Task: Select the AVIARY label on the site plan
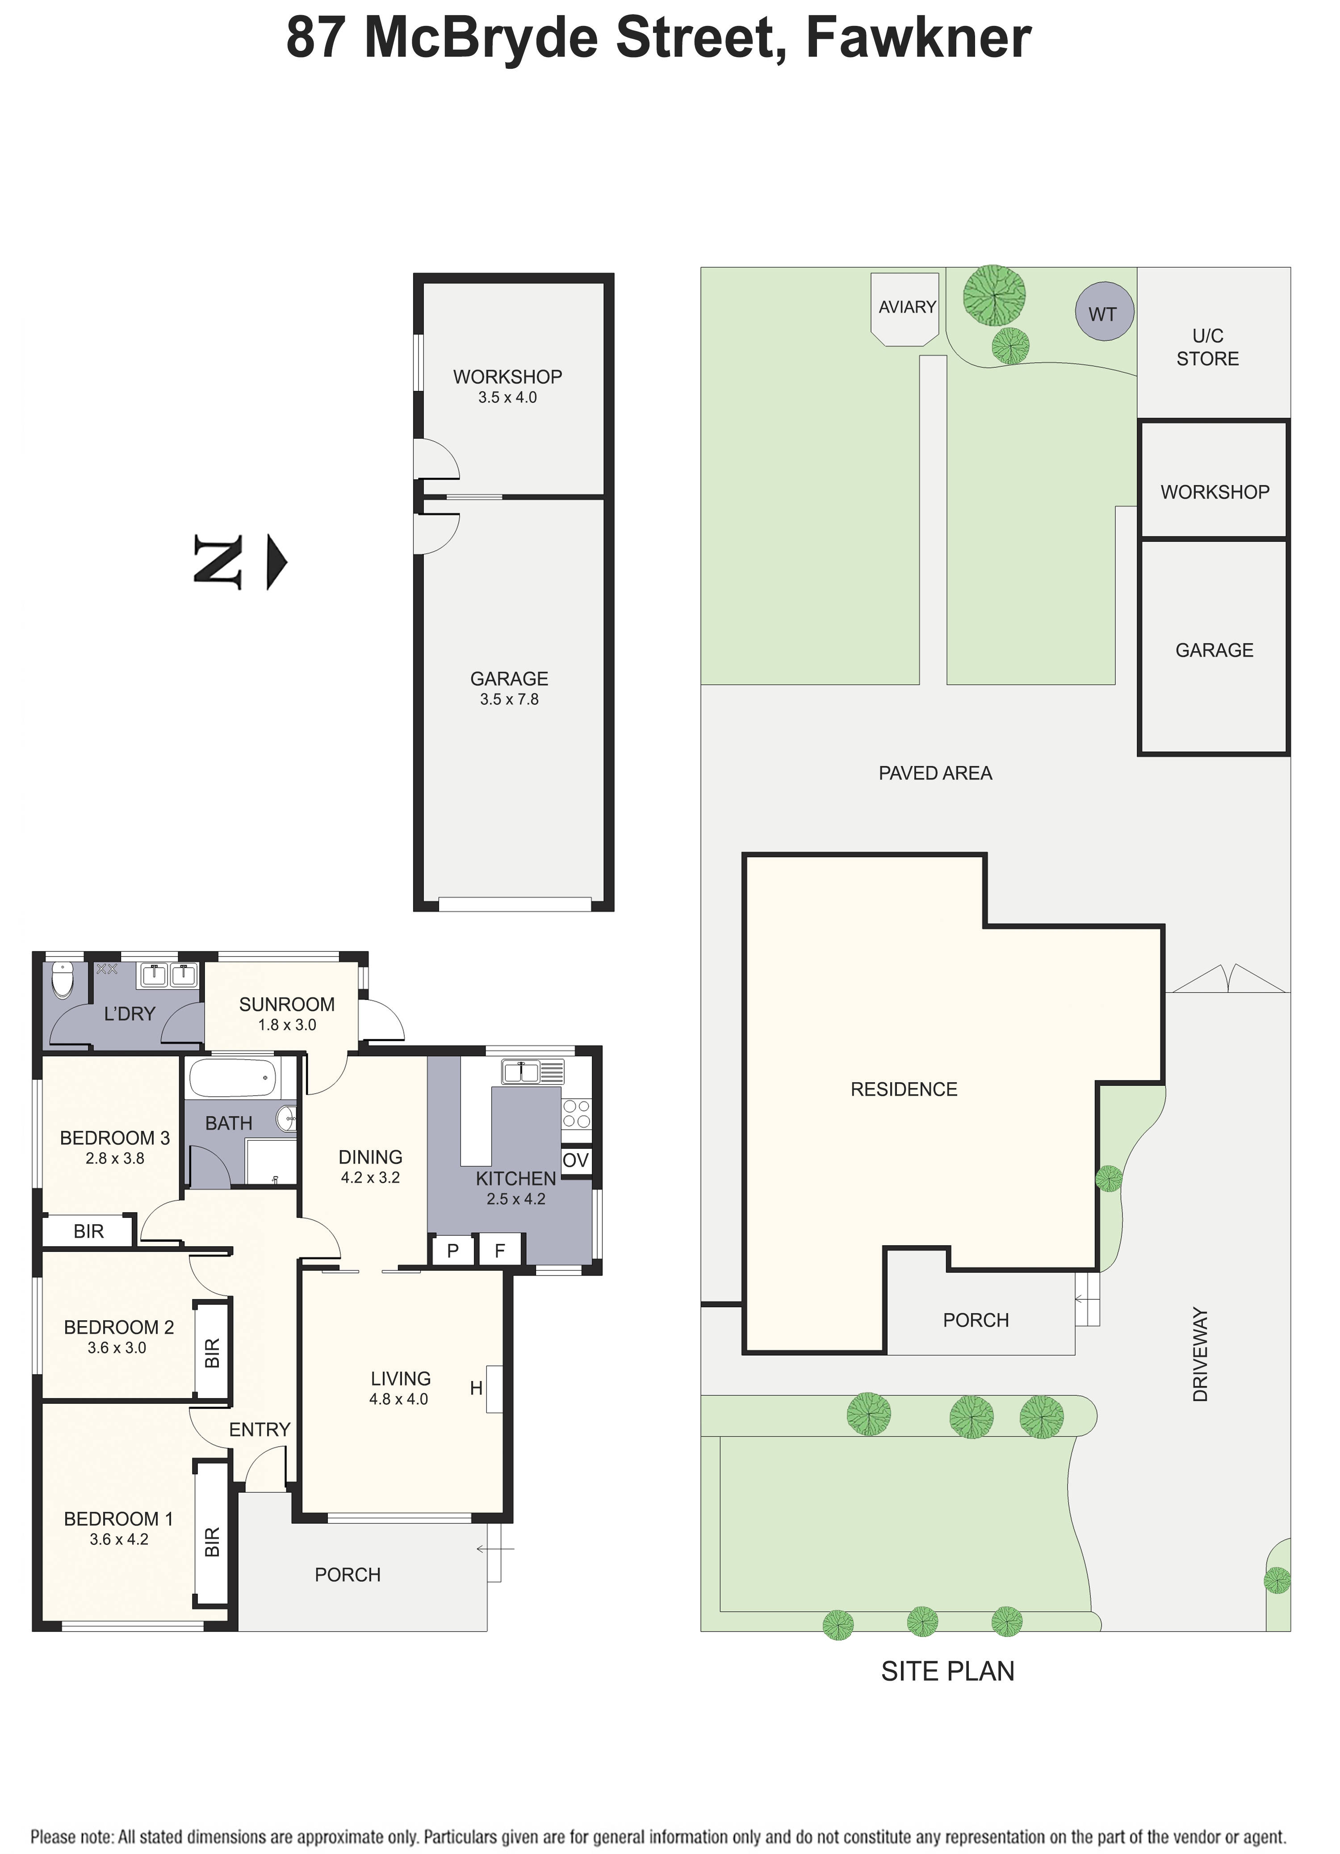[x=907, y=307]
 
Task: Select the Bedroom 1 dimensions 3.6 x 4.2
[x=118, y=1539]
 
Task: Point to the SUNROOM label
[x=286, y=1004]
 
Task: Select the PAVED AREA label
[x=935, y=773]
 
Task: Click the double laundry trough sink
[x=169, y=975]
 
